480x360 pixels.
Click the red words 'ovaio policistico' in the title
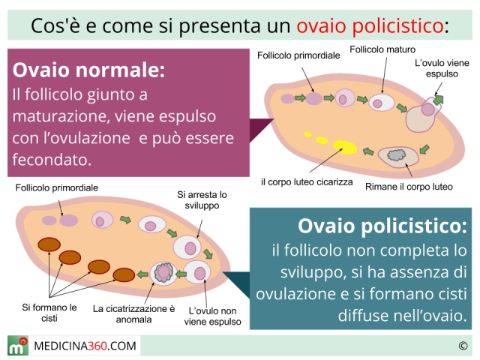[x=369, y=25]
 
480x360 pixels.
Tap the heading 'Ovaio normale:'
[x=88, y=70]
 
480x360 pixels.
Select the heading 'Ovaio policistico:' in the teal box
[x=382, y=225]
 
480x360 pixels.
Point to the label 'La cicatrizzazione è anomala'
[x=133, y=313]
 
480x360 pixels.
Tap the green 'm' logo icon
[x=19, y=346]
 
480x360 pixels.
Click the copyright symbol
[x=463, y=346]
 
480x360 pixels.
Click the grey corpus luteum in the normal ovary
[x=395, y=155]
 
